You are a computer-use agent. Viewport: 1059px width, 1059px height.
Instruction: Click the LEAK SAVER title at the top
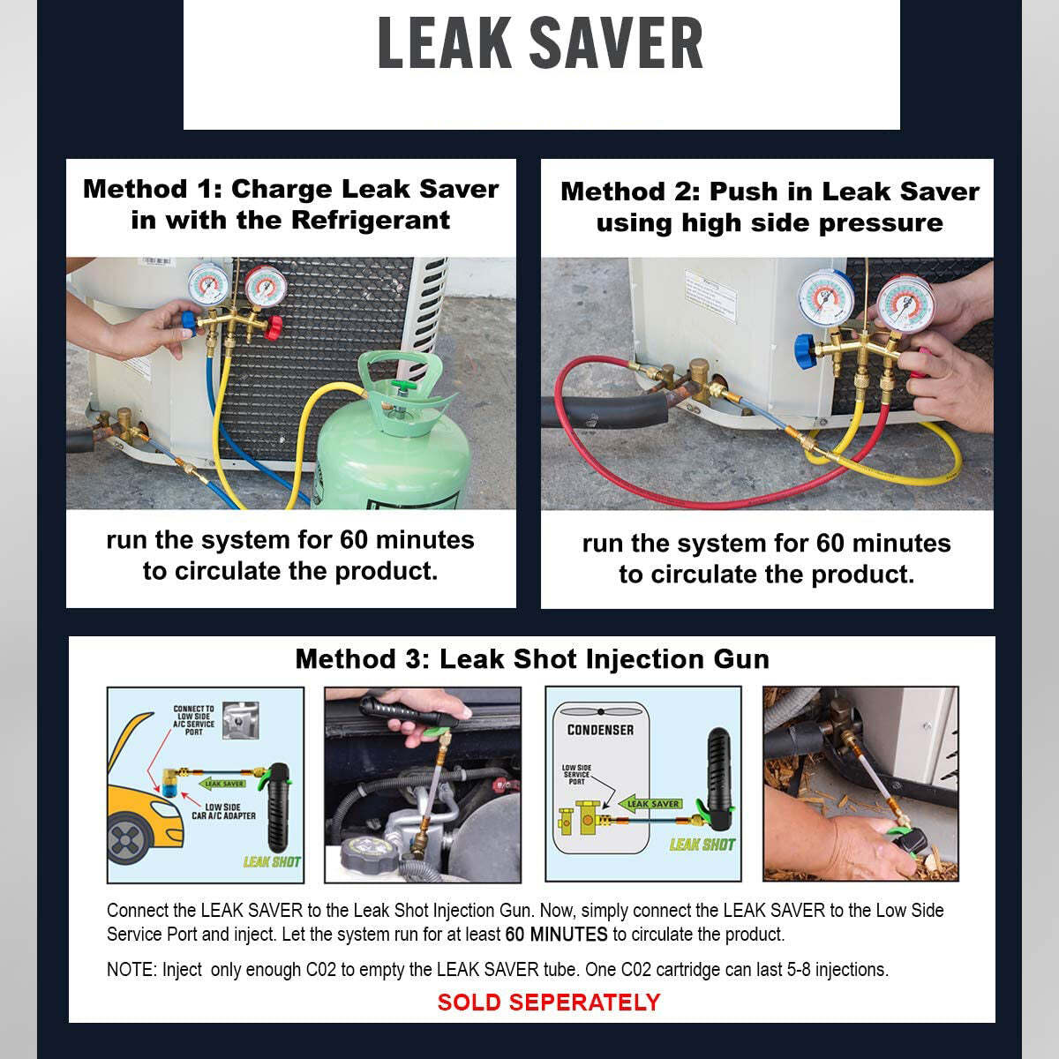pos(540,42)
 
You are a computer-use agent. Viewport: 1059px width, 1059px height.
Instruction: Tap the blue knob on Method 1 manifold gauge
pos(187,319)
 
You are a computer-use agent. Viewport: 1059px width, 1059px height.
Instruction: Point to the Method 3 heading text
pos(532,658)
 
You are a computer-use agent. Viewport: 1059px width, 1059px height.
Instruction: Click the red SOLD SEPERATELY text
pos(548,1003)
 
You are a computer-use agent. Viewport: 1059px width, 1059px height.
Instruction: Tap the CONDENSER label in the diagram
pos(600,730)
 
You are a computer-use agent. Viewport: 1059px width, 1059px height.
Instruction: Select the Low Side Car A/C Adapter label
pos(223,811)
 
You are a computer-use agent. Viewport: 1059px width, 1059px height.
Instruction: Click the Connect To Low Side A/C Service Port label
pos(193,720)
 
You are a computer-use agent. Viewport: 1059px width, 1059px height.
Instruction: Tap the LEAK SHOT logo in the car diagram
pos(271,861)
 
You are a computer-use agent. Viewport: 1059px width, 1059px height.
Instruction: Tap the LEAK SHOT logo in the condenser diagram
pos(702,845)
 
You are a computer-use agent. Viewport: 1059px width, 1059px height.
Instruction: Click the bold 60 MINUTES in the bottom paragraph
pos(556,935)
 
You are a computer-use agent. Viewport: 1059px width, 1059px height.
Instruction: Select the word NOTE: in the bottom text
pos(131,970)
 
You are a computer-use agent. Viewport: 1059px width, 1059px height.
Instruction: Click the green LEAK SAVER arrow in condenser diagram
pos(651,803)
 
